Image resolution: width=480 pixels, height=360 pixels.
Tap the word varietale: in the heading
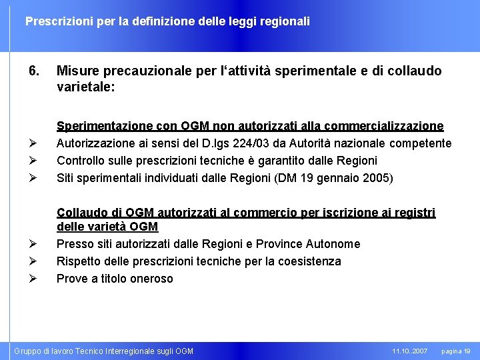click(87, 87)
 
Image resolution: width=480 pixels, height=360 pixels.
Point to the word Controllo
click(79, 161)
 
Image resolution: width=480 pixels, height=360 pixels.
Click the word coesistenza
click(311, 261)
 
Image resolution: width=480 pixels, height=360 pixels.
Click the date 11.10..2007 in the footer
click(410, 351)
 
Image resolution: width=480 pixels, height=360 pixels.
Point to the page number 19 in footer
click(467, 351)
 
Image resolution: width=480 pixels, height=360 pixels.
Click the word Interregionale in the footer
click(137, 351)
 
